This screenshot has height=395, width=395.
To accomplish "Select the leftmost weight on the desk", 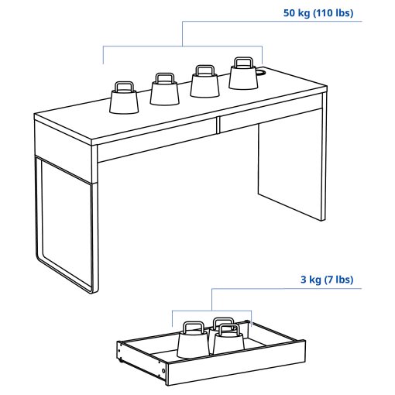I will [x=125, y=100].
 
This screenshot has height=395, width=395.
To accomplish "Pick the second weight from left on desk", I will [x=164, y=92].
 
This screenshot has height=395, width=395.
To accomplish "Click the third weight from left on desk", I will [x=204, y=84].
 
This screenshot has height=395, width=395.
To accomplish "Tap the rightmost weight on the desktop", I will [x=245, y=76].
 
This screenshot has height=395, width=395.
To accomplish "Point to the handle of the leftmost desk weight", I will [x=125, y=85].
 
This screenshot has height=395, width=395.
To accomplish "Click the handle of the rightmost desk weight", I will [x=244, y=62].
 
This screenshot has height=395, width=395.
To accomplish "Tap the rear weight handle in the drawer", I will [x=223, y=321].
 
